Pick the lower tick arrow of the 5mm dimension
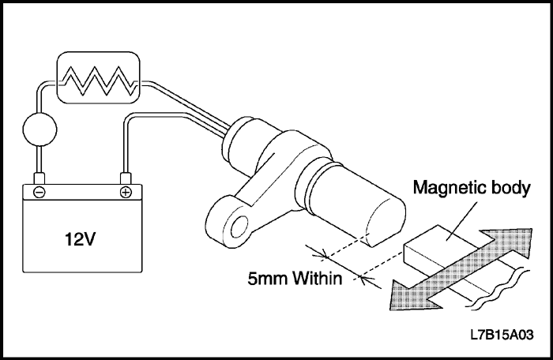click(364, 276)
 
